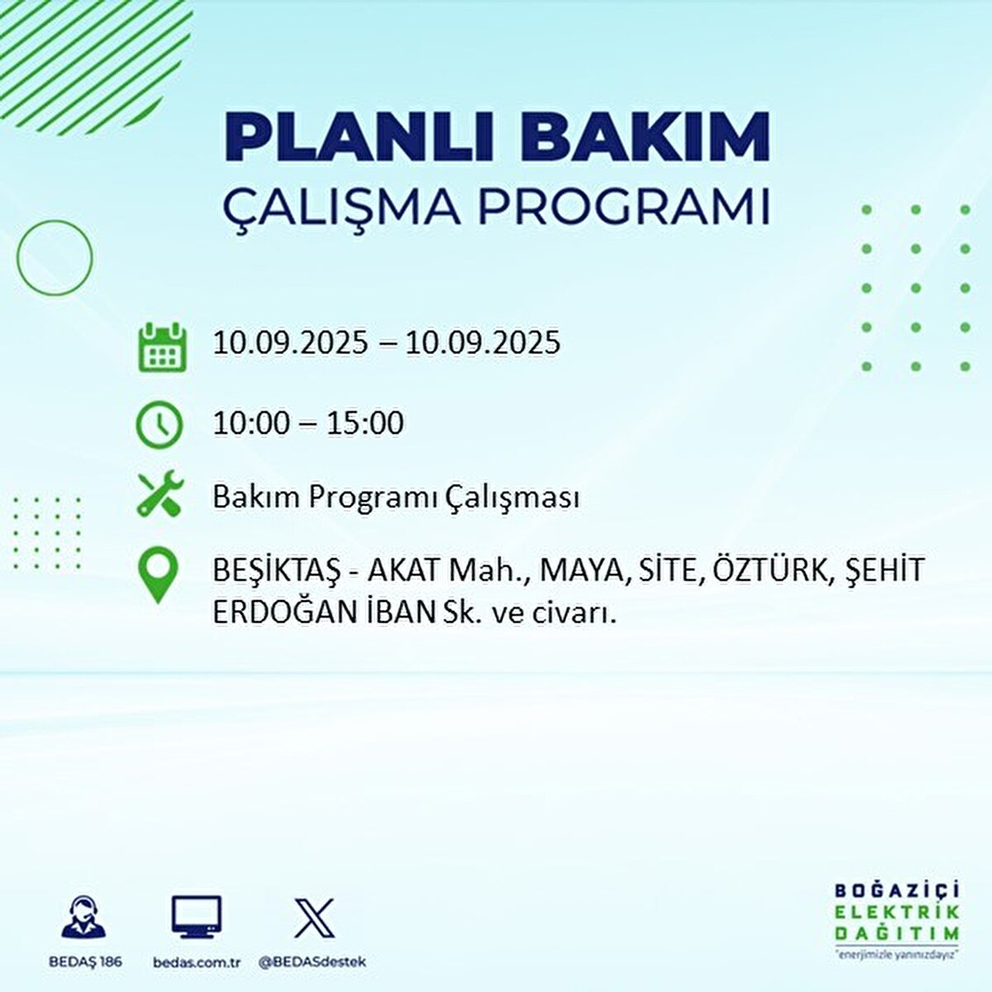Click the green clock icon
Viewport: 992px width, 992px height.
click(x=159, y=424)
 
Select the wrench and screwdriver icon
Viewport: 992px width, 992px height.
click(x=159, y=494)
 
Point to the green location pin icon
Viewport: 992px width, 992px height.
click(x=159, y=577)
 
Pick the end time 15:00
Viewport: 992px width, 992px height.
click(x=365, y=423)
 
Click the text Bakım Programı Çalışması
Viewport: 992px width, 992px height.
click(x=395, y=498)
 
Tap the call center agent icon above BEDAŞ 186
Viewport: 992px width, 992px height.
click(x=84, y=918)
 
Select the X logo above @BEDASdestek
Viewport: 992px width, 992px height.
click(x=314, y=918)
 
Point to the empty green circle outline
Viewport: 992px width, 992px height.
click(x=55, y=258)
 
